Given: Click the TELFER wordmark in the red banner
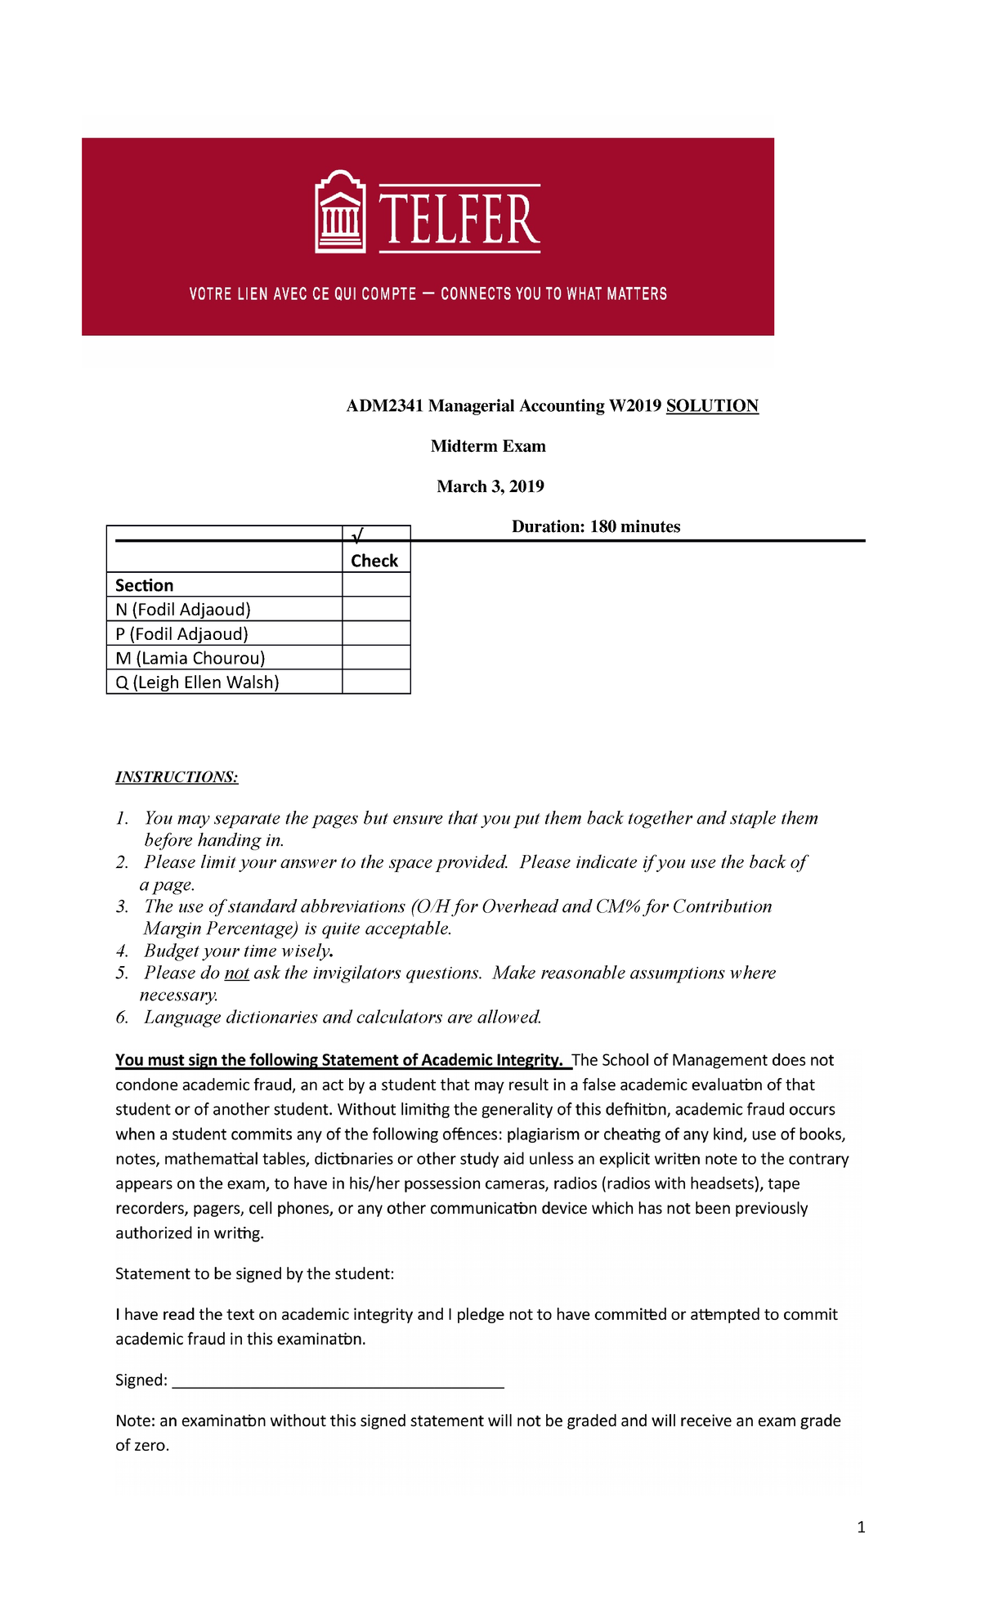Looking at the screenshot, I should coord(459,219).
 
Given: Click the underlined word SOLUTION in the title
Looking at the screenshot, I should coord(712,406).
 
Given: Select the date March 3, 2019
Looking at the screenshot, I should coord(490,486).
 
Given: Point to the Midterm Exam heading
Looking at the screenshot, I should coord(488,446).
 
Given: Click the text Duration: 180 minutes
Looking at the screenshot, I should coord(596,526).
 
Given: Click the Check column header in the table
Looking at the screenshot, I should coord(374,561).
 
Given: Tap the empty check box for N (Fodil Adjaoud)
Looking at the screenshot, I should coord(376,609).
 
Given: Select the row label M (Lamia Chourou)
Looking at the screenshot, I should coord(190,658).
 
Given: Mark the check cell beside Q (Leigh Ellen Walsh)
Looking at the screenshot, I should coord(376,682).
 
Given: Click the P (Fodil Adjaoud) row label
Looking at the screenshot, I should coord(181,633).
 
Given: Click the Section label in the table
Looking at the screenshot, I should coord(144,585).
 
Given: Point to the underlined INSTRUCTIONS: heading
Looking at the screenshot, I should coord(177,776).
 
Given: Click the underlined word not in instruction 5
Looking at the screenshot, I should coord(236,973).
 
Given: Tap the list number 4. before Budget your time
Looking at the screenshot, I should coord(122,951).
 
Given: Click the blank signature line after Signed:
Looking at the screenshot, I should coord(338,1381).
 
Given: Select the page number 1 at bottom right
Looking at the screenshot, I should coord(861,1527).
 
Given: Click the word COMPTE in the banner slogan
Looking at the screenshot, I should coord(388,294).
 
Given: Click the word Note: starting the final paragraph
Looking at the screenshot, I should coord(135,1420).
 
